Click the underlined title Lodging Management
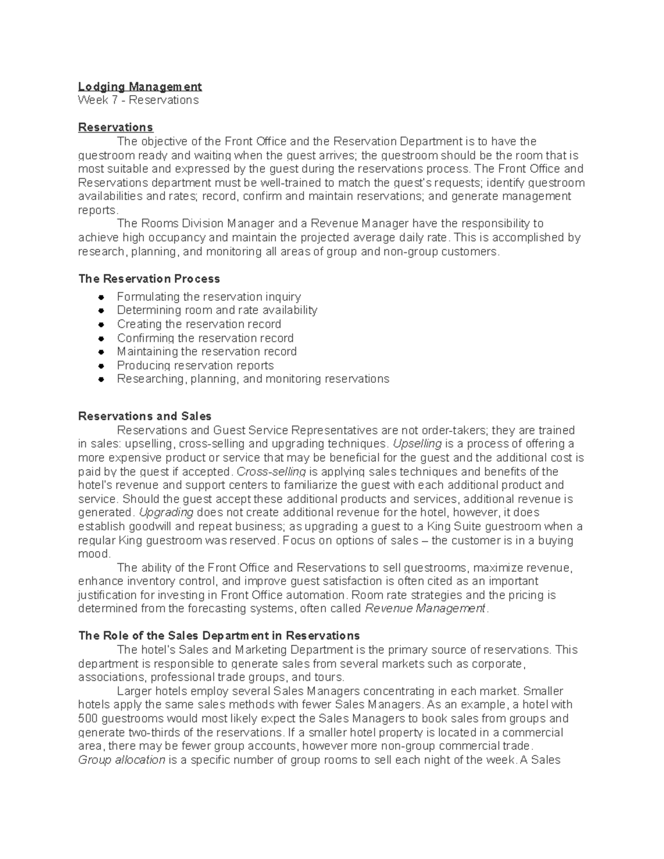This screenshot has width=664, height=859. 139,86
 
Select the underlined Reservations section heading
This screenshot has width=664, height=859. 115,127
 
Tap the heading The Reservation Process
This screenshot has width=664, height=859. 149,279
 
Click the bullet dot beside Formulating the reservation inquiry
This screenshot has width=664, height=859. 100,298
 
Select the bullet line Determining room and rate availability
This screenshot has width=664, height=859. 216,310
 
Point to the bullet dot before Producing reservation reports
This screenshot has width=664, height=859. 100,366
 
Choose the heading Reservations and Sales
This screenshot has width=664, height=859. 144,417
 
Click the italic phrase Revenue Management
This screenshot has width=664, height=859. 424,609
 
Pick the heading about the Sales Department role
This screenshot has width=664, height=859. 219,636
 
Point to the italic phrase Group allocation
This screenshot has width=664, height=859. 122,760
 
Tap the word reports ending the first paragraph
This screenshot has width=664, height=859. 97,210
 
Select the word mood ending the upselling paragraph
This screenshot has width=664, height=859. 94,554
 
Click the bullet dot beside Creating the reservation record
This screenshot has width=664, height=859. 100,325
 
